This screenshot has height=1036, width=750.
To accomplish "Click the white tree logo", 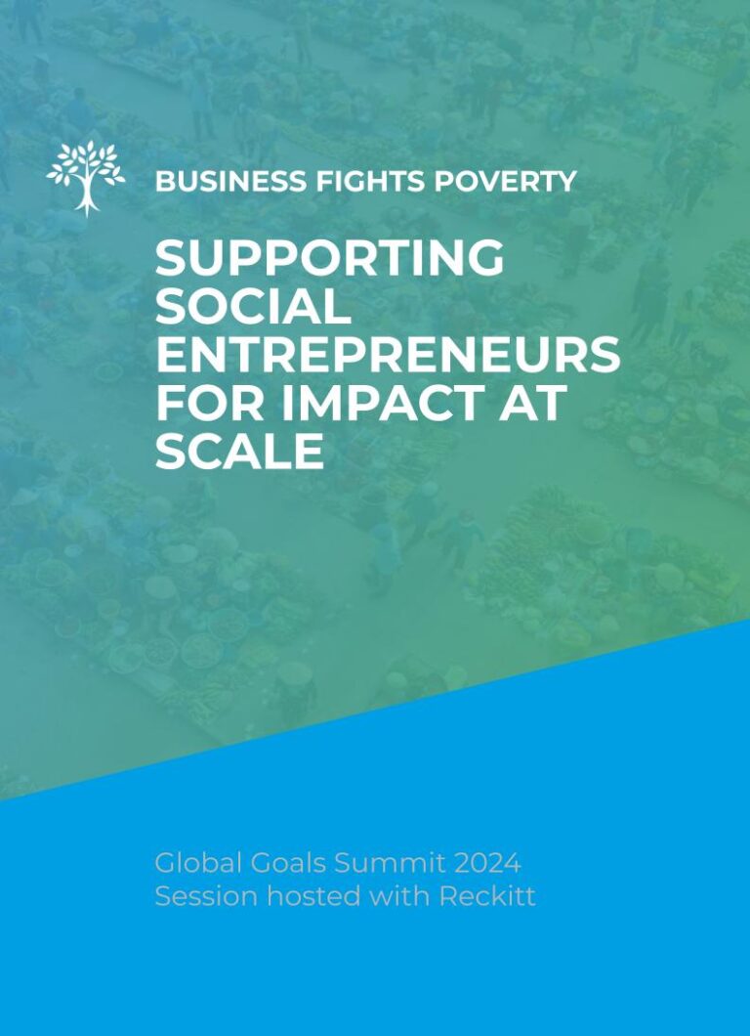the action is (x=86, y=178).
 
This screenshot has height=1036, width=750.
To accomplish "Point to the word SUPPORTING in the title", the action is (x=329, y=258).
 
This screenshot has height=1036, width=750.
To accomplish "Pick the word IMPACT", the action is (x=390, y=403).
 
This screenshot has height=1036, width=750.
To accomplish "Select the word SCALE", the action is (x=239, y=451).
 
